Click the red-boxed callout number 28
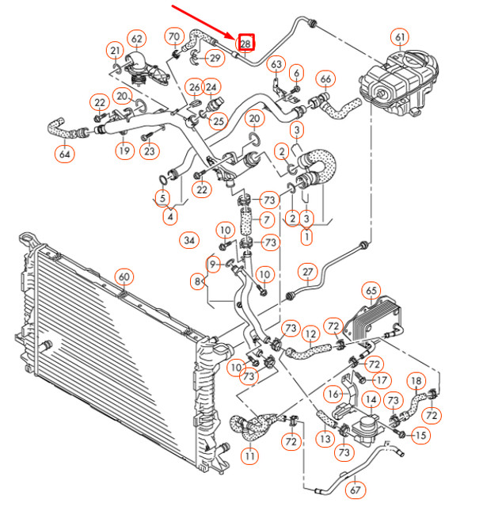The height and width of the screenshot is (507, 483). click(x=246, y=42)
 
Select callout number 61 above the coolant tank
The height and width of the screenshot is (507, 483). click(x=400, y=37)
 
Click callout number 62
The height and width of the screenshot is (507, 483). click(x=137, y=39)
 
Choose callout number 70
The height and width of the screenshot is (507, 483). click(x=174, y=36)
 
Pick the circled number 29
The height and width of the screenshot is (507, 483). click(x=215, y=58)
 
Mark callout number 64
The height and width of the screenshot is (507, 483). click(x=65, y=154)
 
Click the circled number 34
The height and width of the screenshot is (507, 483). click(x=189, y=240)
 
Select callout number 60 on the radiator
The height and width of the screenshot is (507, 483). click(x=124, y=276)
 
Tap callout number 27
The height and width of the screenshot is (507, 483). click(x=308, y=272)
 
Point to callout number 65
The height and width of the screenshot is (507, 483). click(x=371, y=291)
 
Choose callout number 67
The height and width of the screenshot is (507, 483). click(x=355, y=490)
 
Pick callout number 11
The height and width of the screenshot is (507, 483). click(x=249, y=456)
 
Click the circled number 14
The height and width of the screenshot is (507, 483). click(x=371, y=400)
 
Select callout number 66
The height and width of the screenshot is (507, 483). click(x=325, y=79)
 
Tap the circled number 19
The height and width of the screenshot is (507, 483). click(x=124, y=151)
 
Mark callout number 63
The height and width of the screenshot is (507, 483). click(x=276, y=64)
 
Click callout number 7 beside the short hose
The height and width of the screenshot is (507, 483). click(x=267, y=220)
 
